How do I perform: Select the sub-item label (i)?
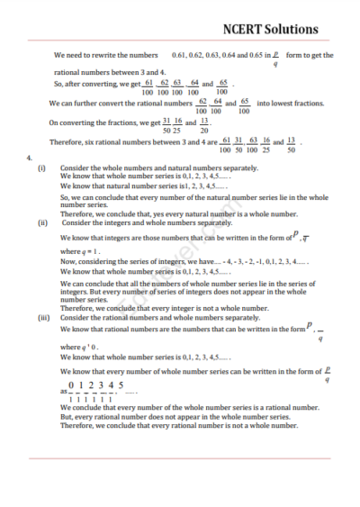click(40, 168)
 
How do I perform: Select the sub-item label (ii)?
click(41, 222)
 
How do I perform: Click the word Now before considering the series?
click(67, 260)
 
